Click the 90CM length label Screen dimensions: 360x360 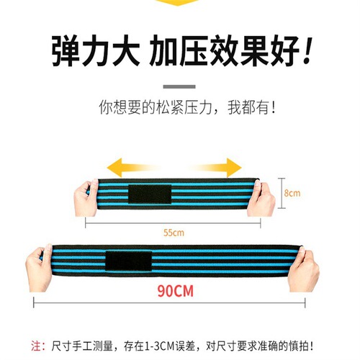pos(177,293)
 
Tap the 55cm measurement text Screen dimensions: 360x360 pos(174,233)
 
